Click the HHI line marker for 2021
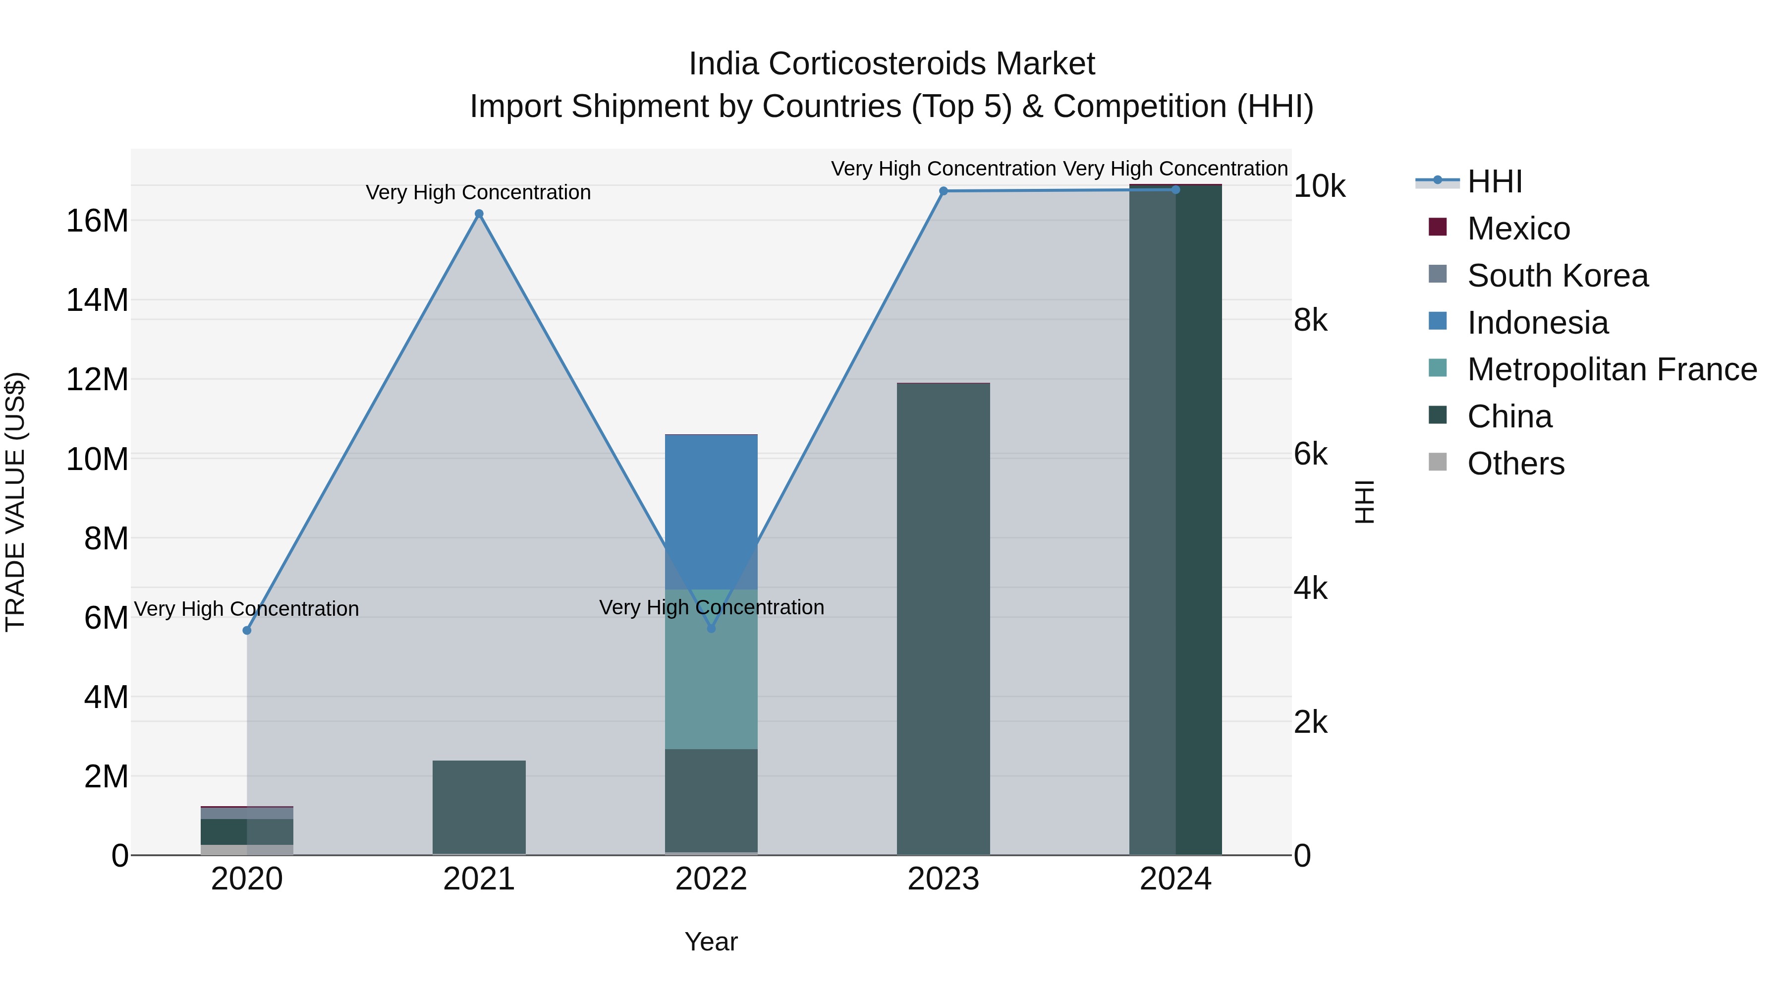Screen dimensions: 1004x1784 pos(479,214)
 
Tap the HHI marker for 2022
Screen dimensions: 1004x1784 pos(711,629)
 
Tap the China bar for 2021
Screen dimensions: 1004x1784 pos(479,807)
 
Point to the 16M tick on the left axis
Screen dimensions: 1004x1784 pos(97,221)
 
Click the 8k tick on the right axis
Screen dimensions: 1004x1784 pos(1310,320)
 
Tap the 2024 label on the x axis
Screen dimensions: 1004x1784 pos(1175,879)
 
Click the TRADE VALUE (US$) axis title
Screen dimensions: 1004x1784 pos(15,502)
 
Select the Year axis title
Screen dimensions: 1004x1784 pos(711,942)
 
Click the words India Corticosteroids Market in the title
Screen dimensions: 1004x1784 pos(892,64)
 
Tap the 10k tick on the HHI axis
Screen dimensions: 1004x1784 pos(1319,186)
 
